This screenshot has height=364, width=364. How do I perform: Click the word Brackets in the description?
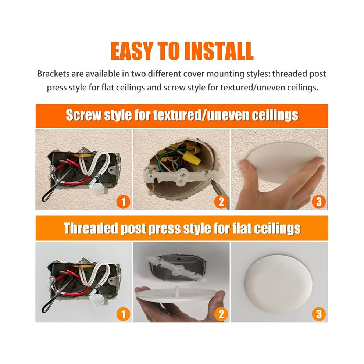pyautogui.click(x=53, y=74)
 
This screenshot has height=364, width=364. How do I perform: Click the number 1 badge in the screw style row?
pyautogui.click(x=123, y=201)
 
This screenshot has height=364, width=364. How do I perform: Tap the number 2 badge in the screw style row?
pyautogui.click(x=221, y=201)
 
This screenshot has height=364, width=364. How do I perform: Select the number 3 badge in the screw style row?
pyautogui.click(x=319, y=201)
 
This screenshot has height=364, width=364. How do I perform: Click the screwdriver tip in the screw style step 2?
pyautogui.click(x=212, y=180)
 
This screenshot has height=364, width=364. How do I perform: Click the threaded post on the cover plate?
pyautogui.click(x=177, y=291)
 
